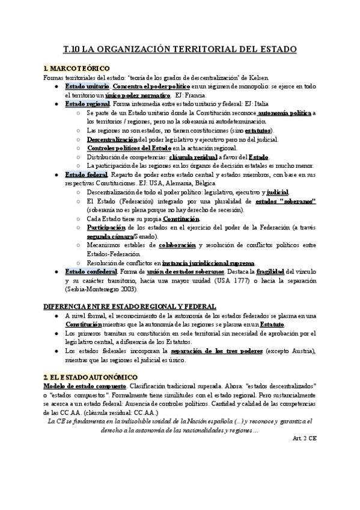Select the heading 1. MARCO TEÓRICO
tap(76, 69)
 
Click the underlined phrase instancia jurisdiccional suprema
tap(209, 263)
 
